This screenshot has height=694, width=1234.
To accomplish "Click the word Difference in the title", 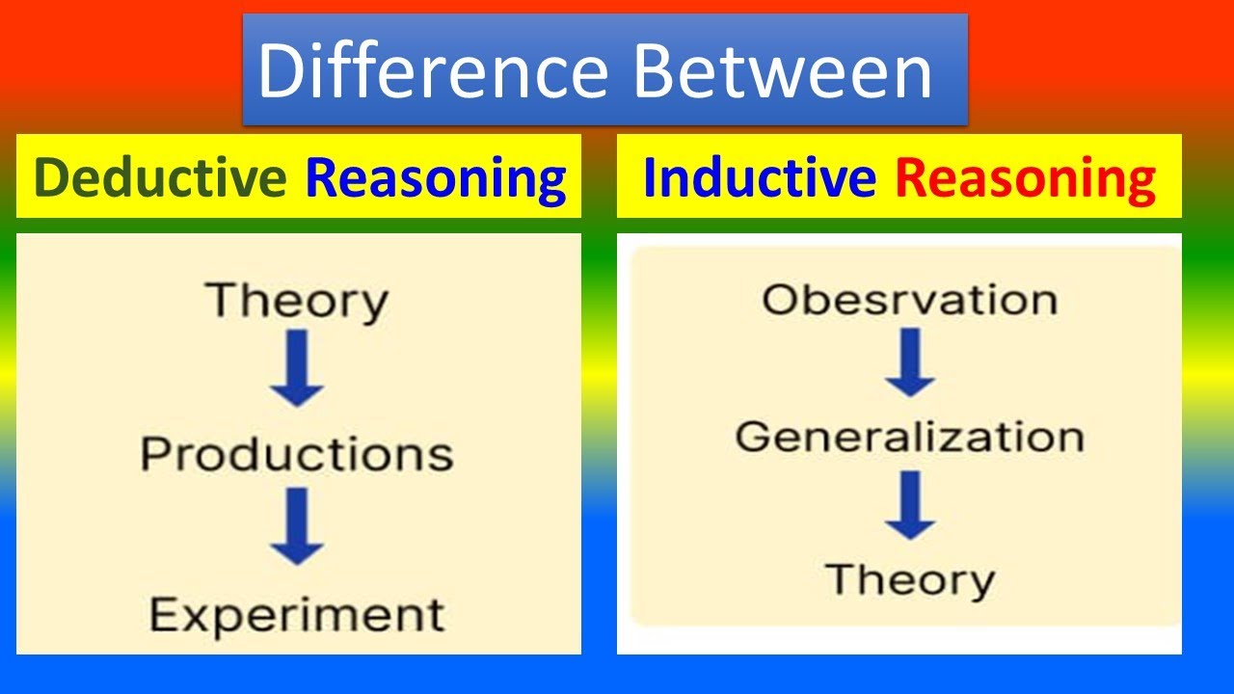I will click(x=432, y=72).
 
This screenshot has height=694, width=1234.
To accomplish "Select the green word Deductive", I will click(x=160, y=178).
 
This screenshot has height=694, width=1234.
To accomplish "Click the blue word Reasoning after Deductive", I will click(x=436, y=178).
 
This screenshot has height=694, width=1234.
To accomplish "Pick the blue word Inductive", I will click(x=760, y=178).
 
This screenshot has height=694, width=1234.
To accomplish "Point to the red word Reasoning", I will click(x=1025, y=178).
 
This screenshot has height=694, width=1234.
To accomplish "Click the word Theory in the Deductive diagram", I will click(x=297, y=301).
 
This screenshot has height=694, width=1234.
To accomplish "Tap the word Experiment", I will click(x=297, y=614).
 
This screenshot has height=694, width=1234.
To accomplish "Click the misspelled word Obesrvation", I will click(x=909, y=300).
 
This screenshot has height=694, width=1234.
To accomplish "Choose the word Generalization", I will click(x=909, y=438).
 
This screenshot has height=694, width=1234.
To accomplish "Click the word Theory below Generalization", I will click(x=910, y=579).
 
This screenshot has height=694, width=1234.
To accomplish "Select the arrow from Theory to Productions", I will click(x=297, y=369).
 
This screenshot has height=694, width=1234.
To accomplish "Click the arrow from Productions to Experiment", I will click(x=297, y=527).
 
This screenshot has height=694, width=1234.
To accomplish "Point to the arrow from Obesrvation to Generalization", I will click(x=910, y=363).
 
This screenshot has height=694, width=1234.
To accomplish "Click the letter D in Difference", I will click(x=280, y=72).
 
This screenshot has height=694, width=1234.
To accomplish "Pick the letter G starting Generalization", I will click(x=754, y=438).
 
